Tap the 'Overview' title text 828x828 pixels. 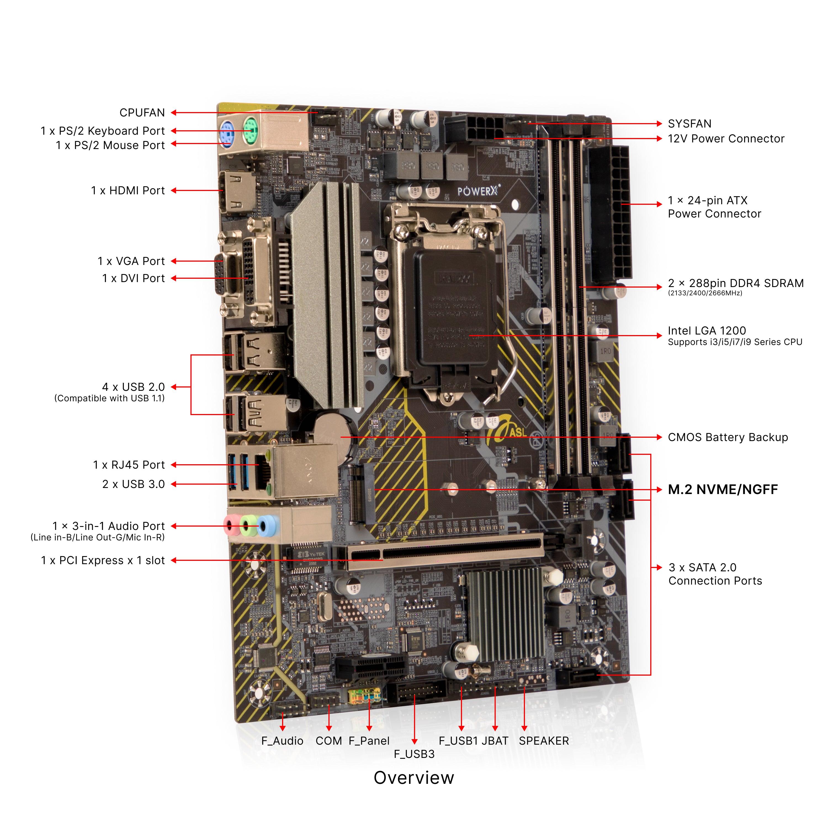point(413,778)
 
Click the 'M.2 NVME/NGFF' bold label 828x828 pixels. point(723,489)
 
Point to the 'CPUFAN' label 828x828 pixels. point(142,113)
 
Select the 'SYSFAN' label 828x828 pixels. point(689,124)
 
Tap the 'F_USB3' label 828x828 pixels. point(414,754)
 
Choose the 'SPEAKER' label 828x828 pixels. point(543,741)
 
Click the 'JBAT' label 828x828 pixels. point(495,741)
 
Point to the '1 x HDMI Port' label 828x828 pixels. point(128,191)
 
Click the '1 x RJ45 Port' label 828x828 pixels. point(129,465)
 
